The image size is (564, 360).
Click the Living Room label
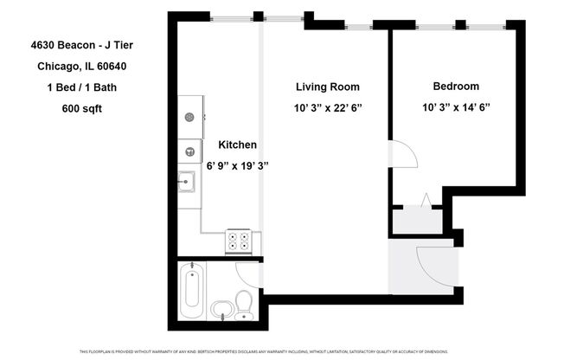click(327, 87)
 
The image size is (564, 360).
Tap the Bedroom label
click(456, 87)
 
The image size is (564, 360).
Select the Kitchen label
click(237, 145)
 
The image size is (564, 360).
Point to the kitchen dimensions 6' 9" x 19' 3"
click(237, 165)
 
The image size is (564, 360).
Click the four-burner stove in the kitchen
click(243, 241)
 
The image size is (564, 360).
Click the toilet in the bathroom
click(244, 304)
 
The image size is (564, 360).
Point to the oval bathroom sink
click(221, 309)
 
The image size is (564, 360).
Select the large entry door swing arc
click(434, 262)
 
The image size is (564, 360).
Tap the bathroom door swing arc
click(250, 274)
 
